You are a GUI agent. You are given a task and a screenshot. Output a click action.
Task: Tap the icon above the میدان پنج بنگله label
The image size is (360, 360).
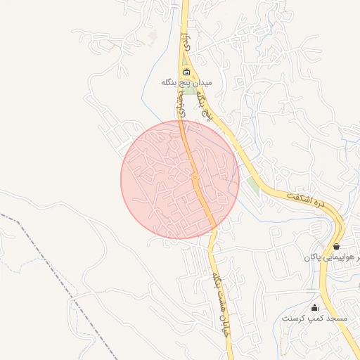tap(186, 72)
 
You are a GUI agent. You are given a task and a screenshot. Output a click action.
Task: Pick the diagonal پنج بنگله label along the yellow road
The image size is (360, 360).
tap(205, 99)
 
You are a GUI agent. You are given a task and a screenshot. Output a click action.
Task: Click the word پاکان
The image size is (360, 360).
tap(311, 258)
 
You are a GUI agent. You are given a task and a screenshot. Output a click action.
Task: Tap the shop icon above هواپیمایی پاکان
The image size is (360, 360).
tap(337, 246)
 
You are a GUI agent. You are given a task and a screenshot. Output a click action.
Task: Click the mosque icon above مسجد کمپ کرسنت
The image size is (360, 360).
tap(314, 307)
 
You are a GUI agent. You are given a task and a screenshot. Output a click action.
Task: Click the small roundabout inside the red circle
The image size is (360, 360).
tap(195, 176)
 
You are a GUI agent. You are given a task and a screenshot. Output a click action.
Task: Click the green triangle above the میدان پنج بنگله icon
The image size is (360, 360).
tap(184, 58)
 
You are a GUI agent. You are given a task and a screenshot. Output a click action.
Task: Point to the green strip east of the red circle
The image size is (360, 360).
tap(252, 186)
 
